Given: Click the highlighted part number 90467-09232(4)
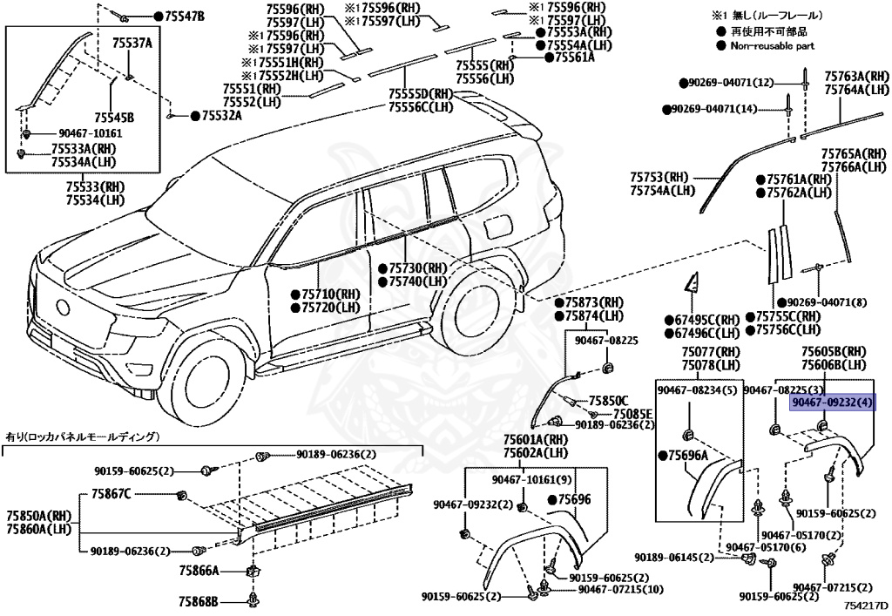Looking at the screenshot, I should click(832, 403).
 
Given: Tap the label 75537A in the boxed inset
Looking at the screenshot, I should click(132, 43).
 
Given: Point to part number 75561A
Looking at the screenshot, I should click(569, 58).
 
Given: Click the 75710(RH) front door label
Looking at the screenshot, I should click(330, 294).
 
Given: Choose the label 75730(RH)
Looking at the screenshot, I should click(416, 268).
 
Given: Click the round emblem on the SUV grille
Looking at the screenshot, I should click(62, 308).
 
